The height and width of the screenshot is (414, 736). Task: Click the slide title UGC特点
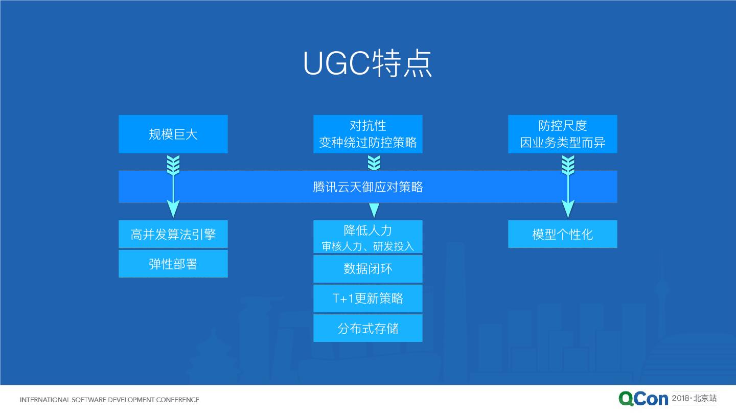pyautogui.click(x=367, y=64)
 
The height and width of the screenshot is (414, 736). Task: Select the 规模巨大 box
pyautogui.click(x=173, y=134)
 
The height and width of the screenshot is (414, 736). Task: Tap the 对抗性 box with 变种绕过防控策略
pyautogui.click(x=367, y=134)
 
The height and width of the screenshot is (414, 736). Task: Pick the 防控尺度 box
pyautogui.click(x=562, y=134)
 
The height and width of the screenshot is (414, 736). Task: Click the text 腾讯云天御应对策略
pyautogui.click(x=367, y=187)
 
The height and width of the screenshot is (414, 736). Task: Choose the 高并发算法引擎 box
pyautogui.click(x=173, y=234)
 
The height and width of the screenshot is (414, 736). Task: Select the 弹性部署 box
pyautogui.click(x=173, y=264)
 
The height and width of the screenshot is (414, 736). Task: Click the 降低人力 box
pyautogui.click(x=367, y=237)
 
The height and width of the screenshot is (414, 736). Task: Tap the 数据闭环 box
pyautogui.click(x=367, y=269)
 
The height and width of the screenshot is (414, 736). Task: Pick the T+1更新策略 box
pyautogui.click(x=367, y=298)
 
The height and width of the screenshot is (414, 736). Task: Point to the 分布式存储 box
pyautogui.click(x=367, y=328)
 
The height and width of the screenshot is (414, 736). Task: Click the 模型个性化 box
pyautogui.click(x=562, y=234)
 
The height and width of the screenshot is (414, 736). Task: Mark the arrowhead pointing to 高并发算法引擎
pyautogui.click(x=173, y=209)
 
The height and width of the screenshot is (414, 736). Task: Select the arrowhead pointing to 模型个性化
pyautogui.click(x=568, y=209)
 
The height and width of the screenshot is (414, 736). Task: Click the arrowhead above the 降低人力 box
pyautogui.click(x=374, y=210)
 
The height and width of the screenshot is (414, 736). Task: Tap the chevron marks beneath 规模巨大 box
pyautogui.click(x=173, y=165)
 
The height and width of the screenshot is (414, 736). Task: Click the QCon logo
pyautogui.click(x=643, y=399)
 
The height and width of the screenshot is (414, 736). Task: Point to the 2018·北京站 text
pyautogui.click(x=694, y=398)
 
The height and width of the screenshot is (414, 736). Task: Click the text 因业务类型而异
pyautogui.click(x=562, y=143)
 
